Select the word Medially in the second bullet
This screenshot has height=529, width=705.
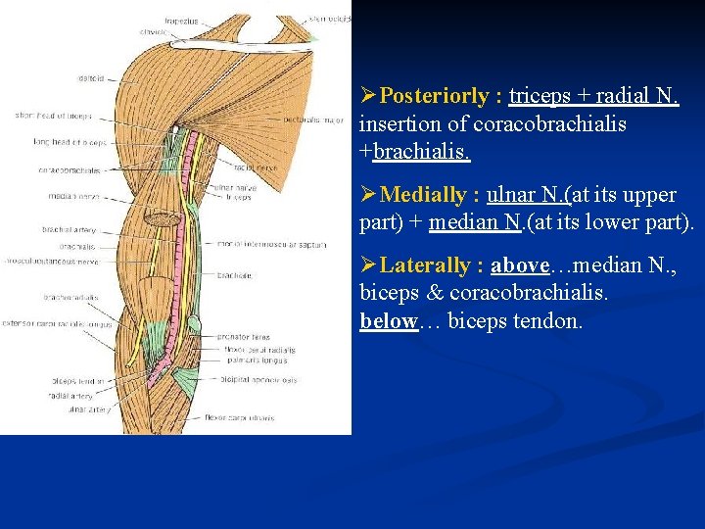click(x=424, y=194)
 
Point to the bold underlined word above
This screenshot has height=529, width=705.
click(x=518, y=265)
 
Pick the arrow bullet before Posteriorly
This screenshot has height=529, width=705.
click(x=368, y=96)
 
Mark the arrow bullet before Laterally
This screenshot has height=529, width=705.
click(x=368, y=265)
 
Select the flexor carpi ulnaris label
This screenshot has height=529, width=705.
click(x=242, y=418)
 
